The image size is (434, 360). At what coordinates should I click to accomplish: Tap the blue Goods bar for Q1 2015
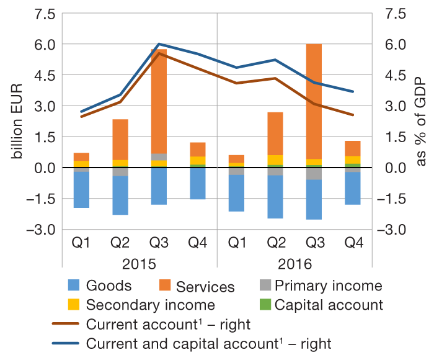tap(82, 190)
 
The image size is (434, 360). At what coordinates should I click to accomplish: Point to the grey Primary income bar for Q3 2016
tap(314, 173)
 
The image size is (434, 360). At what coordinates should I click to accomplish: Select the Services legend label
tap(205, 287)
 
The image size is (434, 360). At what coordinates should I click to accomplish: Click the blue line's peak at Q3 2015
tap(159, 44)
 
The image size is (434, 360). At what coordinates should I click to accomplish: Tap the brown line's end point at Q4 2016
tap(352, 115)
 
